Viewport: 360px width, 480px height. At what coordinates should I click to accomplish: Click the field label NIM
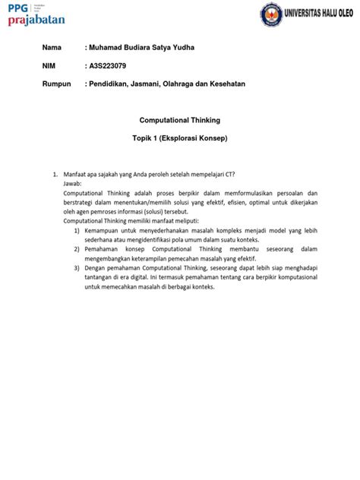[x=49, y=65]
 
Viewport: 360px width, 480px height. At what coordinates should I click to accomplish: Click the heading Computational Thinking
[x=179, y=120]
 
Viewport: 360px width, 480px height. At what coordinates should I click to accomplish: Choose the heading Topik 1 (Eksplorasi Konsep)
[x=179, y=140]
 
